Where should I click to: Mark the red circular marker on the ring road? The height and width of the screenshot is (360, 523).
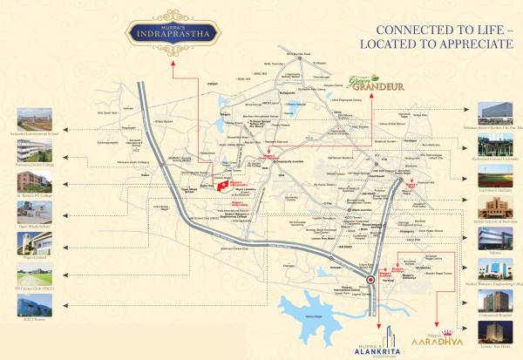pyautogui.click(x=371, y=281)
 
